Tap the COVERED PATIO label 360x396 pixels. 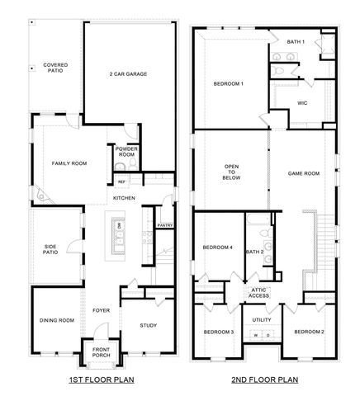point(55,68)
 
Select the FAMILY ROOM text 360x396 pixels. point(69,163)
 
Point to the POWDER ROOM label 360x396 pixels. point(126,152)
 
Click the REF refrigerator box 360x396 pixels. point(121,181)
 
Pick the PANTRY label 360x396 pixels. point(164,225)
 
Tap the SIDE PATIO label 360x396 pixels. point(54,250)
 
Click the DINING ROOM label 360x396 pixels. point(57,320)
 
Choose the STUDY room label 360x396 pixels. point(148,325)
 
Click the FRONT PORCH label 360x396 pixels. point(101,352)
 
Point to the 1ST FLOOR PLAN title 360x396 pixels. point(102,382)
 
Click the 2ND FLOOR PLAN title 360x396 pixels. point(263,382)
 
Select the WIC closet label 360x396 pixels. point(303,103)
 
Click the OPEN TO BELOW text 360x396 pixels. point(232,171)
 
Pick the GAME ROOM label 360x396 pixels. point(303,174)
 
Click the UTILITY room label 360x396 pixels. point(262,319)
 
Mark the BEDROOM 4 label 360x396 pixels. point(219,247)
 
